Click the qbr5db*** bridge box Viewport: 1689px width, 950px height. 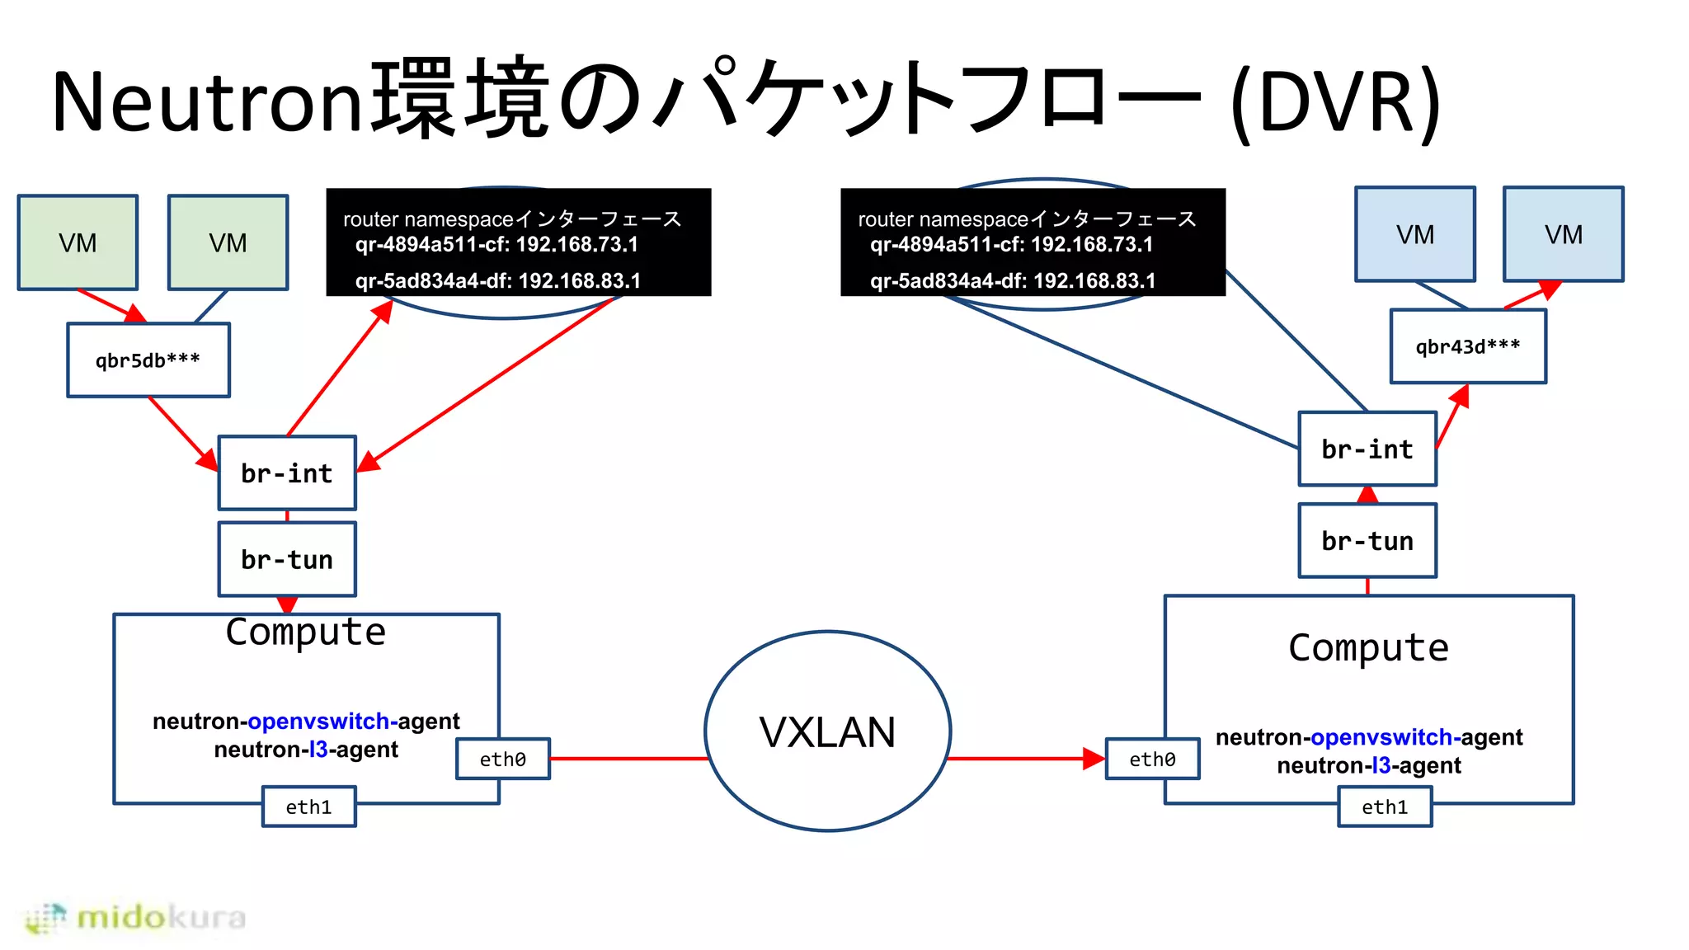pos(148,360)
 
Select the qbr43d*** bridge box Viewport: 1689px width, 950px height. pos(1468,346)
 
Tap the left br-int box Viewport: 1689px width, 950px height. pos(287,473)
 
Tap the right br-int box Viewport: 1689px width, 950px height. pos(1367,449)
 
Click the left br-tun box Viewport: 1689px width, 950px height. pos(287,560)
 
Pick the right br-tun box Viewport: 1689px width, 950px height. pos(1367,541)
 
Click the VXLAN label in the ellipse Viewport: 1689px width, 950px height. pos(827,732)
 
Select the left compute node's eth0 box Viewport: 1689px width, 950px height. pos(502,760)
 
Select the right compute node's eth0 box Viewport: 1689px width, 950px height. pos(1152,760)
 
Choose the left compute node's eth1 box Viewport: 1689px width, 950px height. pos(308,807)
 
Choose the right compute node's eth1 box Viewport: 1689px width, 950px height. pos(1385,807)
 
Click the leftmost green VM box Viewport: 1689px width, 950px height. pos(78,242)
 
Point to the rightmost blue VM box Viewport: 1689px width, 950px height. pos(1563,234)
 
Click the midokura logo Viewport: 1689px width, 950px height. pos(136,918)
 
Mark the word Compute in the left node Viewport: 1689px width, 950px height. pos(305,633)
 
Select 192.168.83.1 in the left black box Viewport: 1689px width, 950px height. pos(579,281)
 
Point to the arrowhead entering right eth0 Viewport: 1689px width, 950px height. pos(1094,759)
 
